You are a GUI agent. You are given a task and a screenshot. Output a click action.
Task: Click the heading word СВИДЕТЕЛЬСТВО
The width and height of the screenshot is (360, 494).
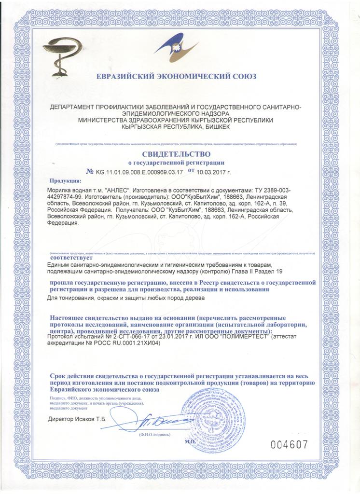(176, 154)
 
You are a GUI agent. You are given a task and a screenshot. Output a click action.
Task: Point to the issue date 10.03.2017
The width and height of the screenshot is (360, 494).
(214, 171)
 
